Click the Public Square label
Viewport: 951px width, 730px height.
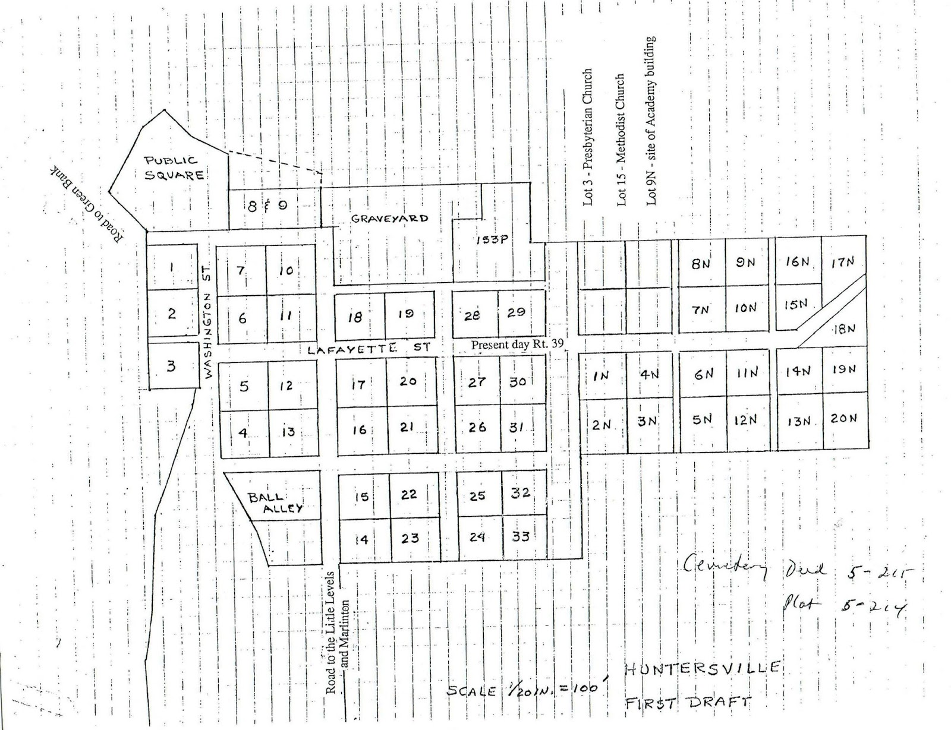[x=175, y=168]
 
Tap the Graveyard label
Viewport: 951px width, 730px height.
[x=389, y=218]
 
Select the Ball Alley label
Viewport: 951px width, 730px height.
[x=275, y=503]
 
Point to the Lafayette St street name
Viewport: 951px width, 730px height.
[x=369, y=349]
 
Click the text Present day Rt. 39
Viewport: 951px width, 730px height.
[x=517, y=344]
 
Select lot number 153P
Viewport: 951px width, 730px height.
[x=492, y=239]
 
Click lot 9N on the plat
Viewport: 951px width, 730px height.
[x=745, y=263]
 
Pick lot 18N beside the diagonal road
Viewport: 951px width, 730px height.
[x=843, y=329]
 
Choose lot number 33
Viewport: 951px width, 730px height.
[x=521, y=536]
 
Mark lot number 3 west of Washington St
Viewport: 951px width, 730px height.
[x=171, y=366]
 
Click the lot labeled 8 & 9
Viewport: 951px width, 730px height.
[x=267, y=206]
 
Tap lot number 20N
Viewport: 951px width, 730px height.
[x=844, y=418]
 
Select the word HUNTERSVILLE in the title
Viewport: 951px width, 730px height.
[x=702, y=668]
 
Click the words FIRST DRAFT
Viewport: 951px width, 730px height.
[x=688, y=703]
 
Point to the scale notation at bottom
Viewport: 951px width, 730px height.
[x=530, y=690]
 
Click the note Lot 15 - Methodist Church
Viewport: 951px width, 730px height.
[x=621, y=140]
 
